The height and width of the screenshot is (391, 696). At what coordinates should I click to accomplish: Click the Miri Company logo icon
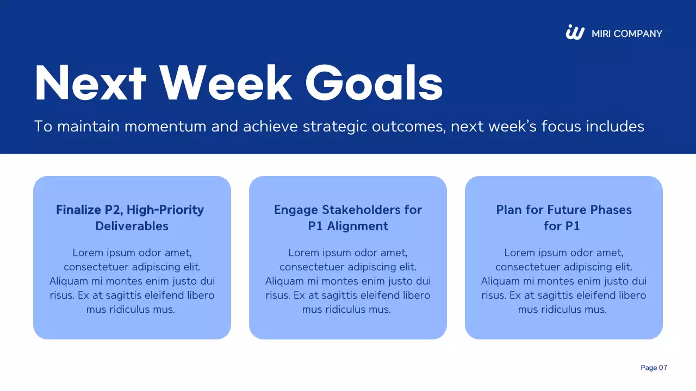tap(575, 32)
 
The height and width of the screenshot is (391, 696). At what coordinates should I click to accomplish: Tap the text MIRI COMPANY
tap(627, 34)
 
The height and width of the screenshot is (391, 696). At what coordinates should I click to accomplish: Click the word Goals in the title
tap(374, 83)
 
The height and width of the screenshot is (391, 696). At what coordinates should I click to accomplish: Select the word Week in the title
tap(226, 83)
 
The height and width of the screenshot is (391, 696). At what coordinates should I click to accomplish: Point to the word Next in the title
tap(90, 83)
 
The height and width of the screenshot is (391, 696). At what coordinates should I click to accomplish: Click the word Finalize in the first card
tap(78, 210)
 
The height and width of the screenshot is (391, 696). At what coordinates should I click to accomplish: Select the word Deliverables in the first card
tap(132, 226)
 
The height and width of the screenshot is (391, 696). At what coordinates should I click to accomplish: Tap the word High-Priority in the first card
tap(165, 210)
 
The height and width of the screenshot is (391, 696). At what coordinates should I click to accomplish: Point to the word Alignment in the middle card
tap(357, 226)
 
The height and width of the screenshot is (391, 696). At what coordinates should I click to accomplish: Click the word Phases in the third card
tap(611, 210)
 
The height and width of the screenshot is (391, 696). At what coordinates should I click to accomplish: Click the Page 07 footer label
tap(654, 368)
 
